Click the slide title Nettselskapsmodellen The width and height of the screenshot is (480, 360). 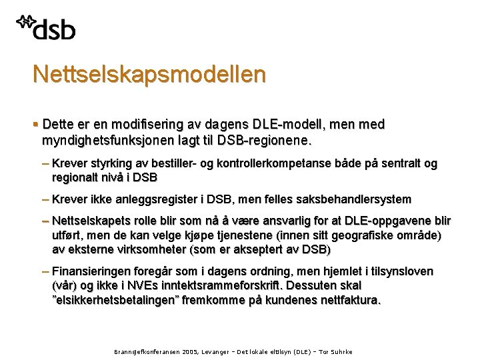[149, 73]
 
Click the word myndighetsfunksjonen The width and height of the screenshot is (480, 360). [108, 141]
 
